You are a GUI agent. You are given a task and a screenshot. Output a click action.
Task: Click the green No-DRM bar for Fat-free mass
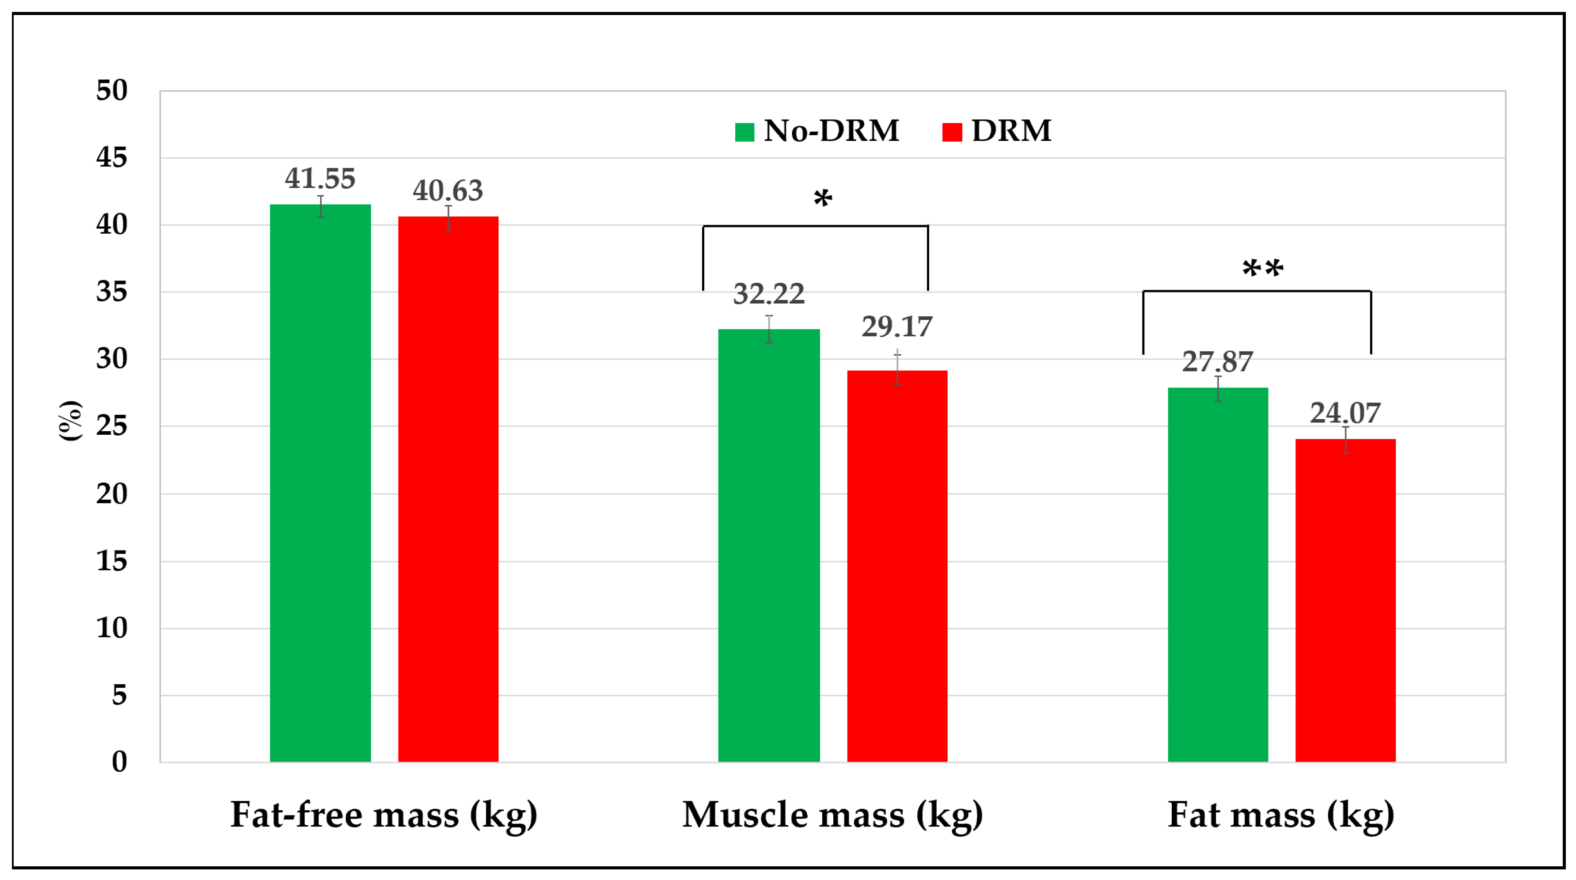point(320,483)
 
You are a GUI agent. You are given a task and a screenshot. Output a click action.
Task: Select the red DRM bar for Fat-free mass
point(448,489)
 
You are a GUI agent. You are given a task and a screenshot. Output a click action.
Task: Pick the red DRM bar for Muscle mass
point(897,565)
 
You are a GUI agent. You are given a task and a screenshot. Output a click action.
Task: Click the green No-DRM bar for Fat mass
point(1218,575)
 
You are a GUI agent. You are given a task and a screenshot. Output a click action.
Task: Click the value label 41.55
point(320,178)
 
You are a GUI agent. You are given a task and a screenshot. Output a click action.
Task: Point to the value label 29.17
point(897,326)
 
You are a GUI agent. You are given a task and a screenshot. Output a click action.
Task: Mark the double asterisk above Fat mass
point(1262,269)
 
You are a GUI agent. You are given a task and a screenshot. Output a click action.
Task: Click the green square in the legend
point(744,132)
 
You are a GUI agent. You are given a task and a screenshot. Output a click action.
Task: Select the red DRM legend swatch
point(952,132)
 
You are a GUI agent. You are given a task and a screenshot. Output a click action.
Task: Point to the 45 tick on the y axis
point(112,158)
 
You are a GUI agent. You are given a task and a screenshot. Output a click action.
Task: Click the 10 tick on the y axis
point(112,628)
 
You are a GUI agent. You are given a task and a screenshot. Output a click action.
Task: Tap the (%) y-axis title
point(70,421)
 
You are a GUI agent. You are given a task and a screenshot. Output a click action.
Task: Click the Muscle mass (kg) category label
point(833,815)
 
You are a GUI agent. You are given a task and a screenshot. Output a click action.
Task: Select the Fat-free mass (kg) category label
point(384,815)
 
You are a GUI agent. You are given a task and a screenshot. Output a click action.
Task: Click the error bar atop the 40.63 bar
point(448,218)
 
